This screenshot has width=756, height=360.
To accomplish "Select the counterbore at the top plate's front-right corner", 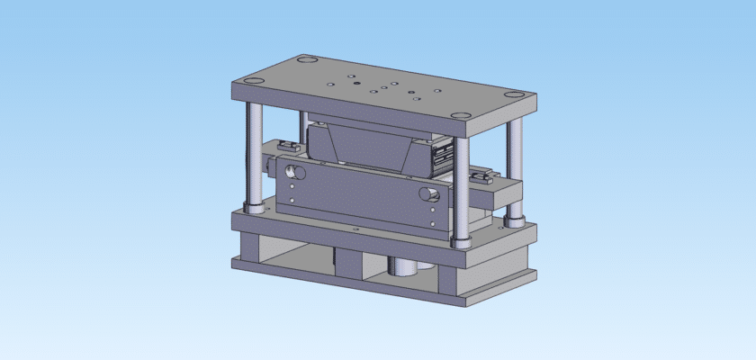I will point(461,115).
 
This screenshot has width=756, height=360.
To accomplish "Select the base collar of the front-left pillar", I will point(255,209).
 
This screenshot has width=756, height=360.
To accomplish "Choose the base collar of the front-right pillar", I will point(461,241).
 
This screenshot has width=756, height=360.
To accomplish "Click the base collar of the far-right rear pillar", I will point(515,219).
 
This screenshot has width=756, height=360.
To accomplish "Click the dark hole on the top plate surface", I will point(357,84).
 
